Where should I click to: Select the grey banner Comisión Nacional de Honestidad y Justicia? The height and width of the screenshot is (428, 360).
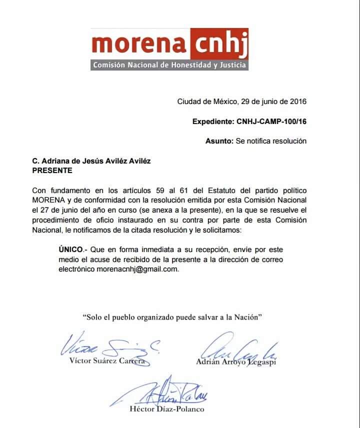point(169,65)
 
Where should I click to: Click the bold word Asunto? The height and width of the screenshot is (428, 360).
point(219,141)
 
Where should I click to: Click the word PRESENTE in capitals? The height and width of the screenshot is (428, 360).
point(52,170)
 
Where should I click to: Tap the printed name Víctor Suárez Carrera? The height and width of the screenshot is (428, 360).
point(106,361)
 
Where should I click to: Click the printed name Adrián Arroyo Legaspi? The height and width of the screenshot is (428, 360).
point(235,361)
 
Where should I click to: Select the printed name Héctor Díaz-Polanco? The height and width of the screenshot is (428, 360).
point(166,409)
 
